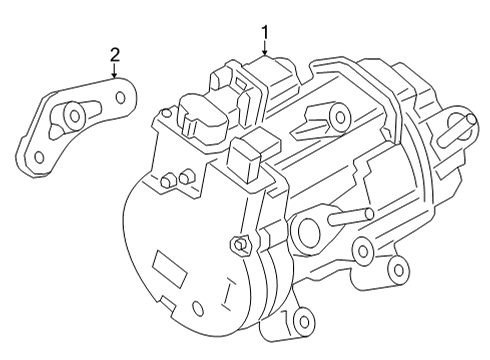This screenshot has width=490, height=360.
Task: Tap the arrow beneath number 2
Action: pos(115,72)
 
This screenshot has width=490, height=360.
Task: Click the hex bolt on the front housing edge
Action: pos(240,243)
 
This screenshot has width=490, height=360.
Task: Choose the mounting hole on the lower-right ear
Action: pos(397,268)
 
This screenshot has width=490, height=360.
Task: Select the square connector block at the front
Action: pos(248,158)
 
